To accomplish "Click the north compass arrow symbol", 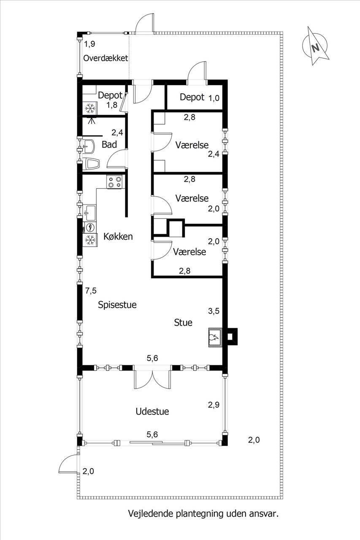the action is [315, 46].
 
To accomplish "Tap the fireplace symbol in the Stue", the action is [215, 337].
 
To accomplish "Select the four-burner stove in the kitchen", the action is [114, 182].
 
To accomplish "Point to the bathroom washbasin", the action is [89, 146].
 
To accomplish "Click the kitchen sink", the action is [89, 213].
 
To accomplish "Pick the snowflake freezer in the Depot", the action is [90, 108].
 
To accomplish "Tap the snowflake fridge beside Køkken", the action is [90, 240].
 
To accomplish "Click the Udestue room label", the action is [152, 411].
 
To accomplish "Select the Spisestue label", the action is [117, 305].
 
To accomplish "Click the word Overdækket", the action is [106, 58].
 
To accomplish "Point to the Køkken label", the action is [118, 237].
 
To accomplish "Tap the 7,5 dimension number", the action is [91, 291].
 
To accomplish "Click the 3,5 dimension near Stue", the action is [214, 311].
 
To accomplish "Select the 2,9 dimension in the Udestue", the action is [214, 405].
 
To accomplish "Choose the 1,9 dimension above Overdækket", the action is [89, 44].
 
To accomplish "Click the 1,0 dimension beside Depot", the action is [214, 98].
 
